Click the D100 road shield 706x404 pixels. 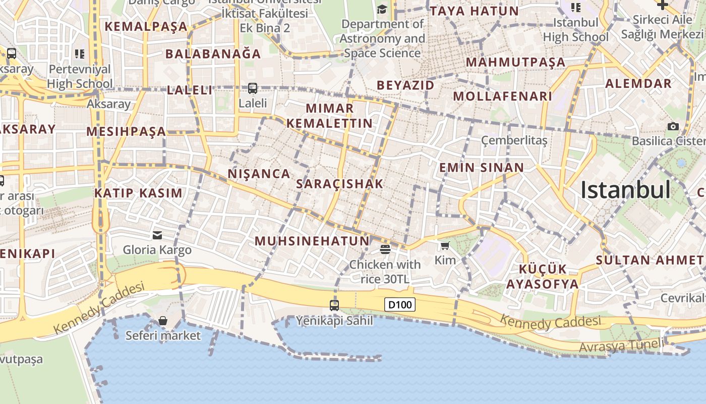pos(400,305)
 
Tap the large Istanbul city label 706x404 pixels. pos(625,190)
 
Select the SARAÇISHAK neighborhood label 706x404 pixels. pos(340,184)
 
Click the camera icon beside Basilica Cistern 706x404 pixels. pos(673,126)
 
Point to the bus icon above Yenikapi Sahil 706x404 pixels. pos(334,305)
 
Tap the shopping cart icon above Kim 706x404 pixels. pos(445,246)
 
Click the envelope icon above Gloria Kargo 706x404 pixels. pos(157,235)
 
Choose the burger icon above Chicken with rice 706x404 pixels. pos(385,249)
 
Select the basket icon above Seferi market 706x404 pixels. pos(163,321)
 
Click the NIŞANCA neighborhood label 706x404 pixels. pos(259,174)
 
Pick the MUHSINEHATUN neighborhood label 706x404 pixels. pos(312,241)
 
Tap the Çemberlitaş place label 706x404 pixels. pos(514,140)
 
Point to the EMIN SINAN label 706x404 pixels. pos(482,168)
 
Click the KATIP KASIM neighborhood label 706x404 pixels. pos(138,193)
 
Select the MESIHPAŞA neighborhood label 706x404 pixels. pos(126,132)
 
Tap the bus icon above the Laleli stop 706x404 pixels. pos(253,88)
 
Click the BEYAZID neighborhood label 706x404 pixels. pos(405,85)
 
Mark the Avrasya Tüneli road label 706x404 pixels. pos(621,346)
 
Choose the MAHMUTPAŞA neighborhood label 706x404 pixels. pos(515,63)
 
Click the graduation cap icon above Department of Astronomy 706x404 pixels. pos(382,9)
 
